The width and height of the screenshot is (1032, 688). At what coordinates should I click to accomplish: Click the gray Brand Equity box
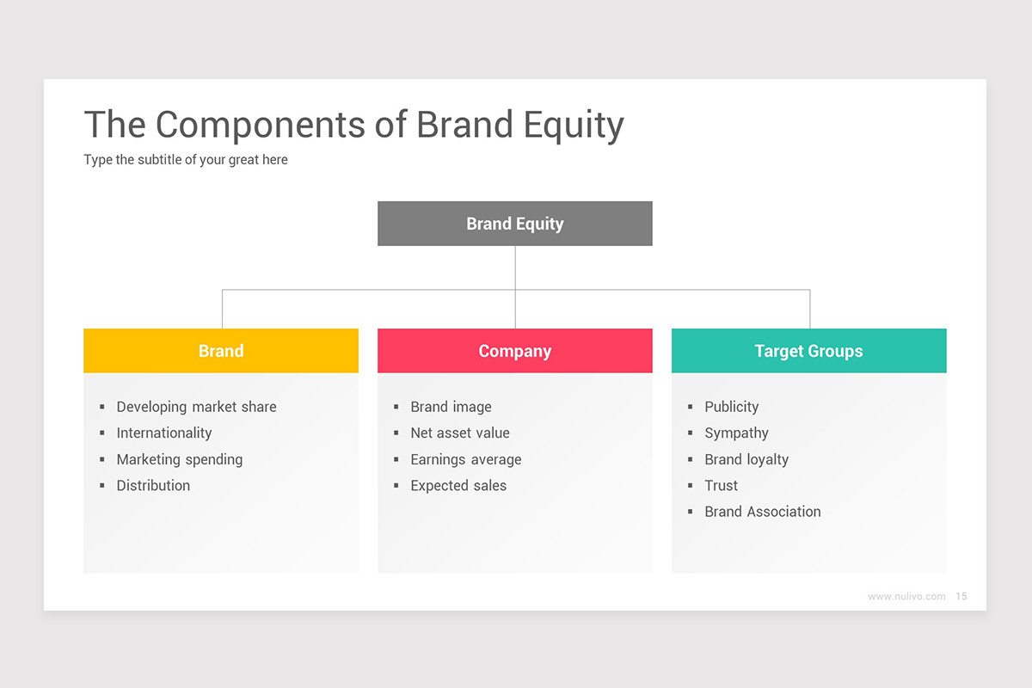tap(514, 224)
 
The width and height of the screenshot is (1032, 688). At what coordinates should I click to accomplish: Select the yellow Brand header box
tap(221, 351)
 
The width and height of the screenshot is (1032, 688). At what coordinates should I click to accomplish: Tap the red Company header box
tap(514, 351)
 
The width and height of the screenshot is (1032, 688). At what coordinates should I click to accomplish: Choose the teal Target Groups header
tap(808, 351)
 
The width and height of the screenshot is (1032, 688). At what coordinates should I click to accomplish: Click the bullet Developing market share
tap(196, 407)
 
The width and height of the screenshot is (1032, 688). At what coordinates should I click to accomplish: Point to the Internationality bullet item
tap(163, 433)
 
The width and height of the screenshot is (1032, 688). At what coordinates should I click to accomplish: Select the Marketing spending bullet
tap(179, 459)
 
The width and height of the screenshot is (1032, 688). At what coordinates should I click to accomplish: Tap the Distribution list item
tap(153, 485)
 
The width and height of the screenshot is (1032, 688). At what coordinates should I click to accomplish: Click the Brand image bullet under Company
tap(451, 407)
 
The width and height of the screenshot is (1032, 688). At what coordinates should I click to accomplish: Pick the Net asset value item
tap(459, 433)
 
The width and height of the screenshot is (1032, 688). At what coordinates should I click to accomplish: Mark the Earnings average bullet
tap(465, 459)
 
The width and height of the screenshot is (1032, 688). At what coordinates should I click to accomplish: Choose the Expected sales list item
tap(458, 485)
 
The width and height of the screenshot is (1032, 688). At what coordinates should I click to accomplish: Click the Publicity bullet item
tap(731, 407)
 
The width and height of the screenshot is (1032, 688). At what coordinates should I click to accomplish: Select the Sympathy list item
tap(736, 433)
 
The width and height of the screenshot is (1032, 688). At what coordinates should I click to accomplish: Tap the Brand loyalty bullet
tap(746, 459)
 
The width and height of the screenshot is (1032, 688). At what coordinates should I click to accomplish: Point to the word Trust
tap(721, 485)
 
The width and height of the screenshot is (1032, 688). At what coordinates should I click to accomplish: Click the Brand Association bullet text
tap(762, 512)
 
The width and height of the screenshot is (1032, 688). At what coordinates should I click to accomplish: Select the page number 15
tap(961, 596)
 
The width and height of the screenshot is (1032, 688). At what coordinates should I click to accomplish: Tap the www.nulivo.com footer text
tap(906, 596)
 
